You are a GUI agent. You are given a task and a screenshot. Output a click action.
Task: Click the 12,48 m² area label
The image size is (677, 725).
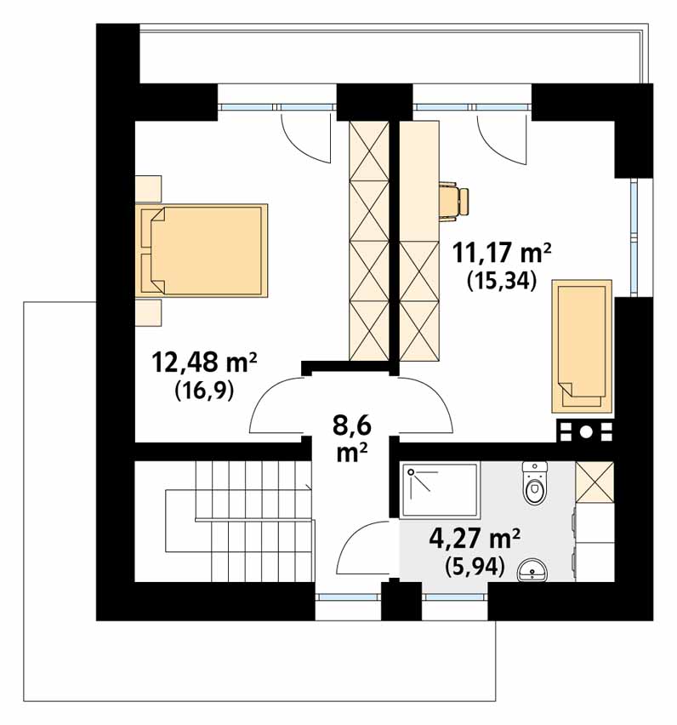204,362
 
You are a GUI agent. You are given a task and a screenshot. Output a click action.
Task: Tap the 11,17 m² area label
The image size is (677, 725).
502,253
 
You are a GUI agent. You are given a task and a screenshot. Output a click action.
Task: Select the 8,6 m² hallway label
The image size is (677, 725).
352,439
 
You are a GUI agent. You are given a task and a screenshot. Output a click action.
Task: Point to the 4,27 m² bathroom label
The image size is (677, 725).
475,538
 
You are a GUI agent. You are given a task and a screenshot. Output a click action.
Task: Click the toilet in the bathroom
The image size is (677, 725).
535,482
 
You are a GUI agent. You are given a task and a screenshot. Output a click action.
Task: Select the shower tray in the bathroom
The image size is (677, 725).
441,490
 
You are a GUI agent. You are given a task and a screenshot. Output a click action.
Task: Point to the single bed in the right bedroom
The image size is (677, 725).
582,345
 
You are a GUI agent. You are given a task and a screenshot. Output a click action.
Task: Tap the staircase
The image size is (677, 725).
238,520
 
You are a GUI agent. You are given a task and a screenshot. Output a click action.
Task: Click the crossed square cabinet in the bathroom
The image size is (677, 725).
595,482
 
